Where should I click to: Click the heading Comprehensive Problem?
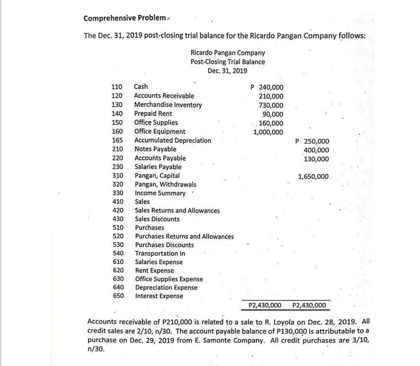pos(112,18)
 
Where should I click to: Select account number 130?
pos(117,105)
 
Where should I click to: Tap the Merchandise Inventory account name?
pos(168,105)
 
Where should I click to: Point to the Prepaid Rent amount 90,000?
pos(273,114)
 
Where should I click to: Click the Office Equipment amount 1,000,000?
pos(269,132)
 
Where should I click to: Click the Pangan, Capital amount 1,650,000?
pos(313,177)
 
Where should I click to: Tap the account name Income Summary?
pos(160,194)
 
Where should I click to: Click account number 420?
pos(117,211)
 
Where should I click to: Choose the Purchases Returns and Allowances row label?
pos(184,237)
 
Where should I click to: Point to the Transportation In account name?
pos(160,253)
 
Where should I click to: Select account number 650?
pos(117,296)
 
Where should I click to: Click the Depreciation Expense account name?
pos(166,287)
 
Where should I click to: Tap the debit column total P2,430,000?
pos(264,306)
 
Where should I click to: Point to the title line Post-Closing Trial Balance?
pos(227,62)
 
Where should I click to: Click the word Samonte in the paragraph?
pos(237,339)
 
